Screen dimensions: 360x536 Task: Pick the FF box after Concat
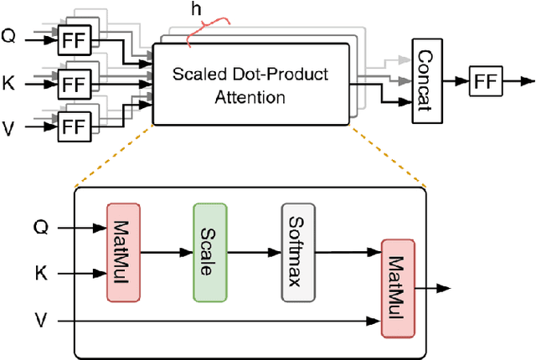[x=485, y=82]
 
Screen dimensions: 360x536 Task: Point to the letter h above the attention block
[x=196, y=9]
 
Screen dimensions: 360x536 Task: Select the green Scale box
[x=207, y=250]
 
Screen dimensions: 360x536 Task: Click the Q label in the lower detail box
[x=39, y=226]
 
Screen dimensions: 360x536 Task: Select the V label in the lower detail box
[x=39, y=319]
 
